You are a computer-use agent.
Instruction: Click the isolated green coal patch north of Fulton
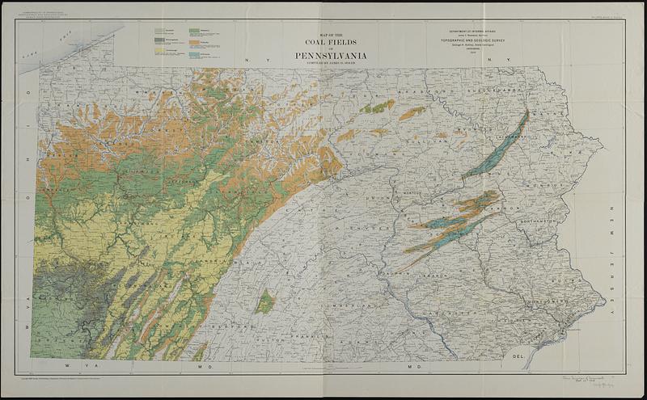click(264, 303)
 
